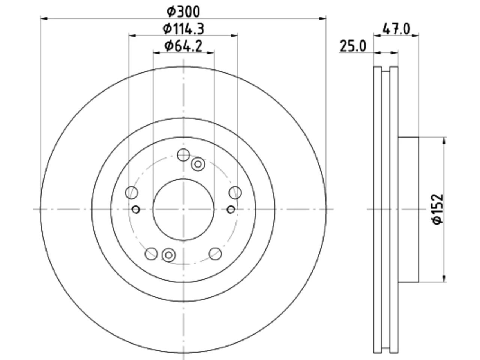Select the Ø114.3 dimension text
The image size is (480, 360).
tap(183, 29)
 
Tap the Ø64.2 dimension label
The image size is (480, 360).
tap(183, 46)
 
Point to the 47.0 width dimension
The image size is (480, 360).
tap(396, 29)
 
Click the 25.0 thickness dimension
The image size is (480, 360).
tap(353, 46)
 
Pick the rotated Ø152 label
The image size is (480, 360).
tap(438, 209)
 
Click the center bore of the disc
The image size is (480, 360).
tap(183, 210)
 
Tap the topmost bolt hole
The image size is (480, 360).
tap(183, 155)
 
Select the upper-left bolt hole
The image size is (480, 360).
tap(131, 193)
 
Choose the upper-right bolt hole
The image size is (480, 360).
tap(235, 193)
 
